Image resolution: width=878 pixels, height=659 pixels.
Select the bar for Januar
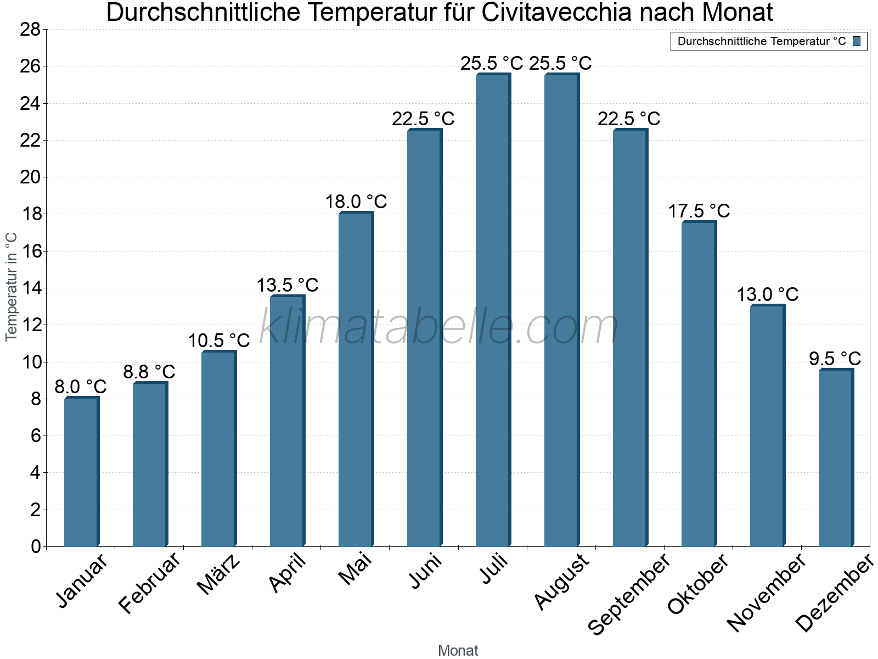(81, 472)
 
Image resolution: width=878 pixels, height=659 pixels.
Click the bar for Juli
(493, 310)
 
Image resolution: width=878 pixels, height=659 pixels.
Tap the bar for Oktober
(699, 384)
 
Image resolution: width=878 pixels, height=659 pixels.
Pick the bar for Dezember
(836, 459)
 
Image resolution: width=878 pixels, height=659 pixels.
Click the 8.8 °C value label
(149, 372)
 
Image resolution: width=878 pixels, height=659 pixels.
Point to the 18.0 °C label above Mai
(356, 202)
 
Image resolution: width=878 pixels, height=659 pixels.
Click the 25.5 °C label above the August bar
(560, 63)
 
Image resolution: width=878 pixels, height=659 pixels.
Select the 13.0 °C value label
(767, 294)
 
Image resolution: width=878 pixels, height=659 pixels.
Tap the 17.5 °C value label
(699, 211)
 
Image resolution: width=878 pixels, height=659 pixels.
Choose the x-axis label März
(219, 574)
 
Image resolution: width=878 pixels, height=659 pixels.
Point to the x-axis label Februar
(149, 582)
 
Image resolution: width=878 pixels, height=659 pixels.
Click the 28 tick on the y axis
(30, 29)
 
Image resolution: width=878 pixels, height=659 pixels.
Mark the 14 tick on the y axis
(30, 288)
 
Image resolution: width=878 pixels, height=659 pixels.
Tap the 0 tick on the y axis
(36, 546)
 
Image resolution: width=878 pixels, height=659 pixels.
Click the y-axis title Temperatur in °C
(12, 287)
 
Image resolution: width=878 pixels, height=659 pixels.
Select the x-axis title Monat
(458, 650)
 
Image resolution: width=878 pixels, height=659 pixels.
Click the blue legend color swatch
(857, 41)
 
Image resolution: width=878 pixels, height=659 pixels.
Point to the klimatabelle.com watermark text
(439, 327)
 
